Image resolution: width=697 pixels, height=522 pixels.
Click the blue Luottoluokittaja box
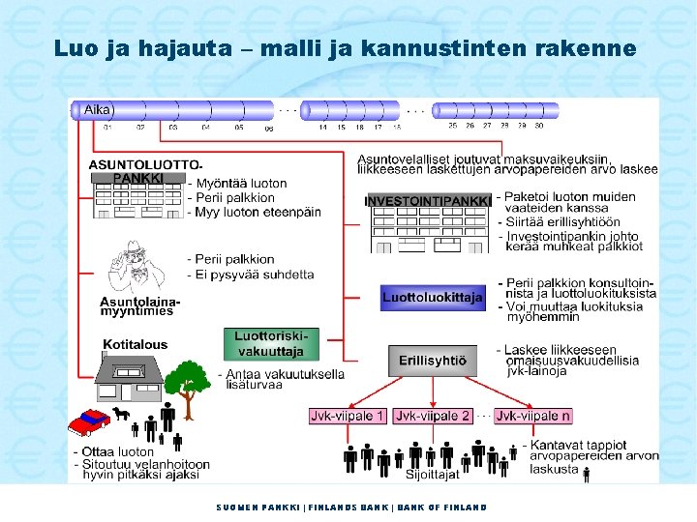(x=432, y=298)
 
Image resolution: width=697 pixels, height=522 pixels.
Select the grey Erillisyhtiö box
(x=432, y=362)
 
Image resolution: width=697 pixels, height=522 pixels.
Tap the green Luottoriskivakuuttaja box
(x=269, y=344)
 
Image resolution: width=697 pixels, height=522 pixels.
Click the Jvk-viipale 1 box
(x=348, y=416)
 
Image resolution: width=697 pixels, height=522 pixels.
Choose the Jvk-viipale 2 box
(x=432, y=416)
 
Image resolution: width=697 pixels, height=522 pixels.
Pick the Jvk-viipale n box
(x=532, y=416)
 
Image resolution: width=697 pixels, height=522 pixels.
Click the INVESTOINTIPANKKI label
(x=429, y=200)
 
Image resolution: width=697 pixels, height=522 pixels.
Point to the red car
(x=92, y=421)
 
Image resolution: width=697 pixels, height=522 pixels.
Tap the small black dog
(x=122, y=413)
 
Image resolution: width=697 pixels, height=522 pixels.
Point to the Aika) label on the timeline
(x=99, y=110)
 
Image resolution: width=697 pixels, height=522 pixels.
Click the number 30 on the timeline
(x=539, y=126)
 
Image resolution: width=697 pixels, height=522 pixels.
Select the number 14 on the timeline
(x=323, y=127)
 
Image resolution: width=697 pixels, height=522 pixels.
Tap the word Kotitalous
(x=135, y=344)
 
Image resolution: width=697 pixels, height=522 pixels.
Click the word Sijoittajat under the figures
(x=432, y=475)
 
